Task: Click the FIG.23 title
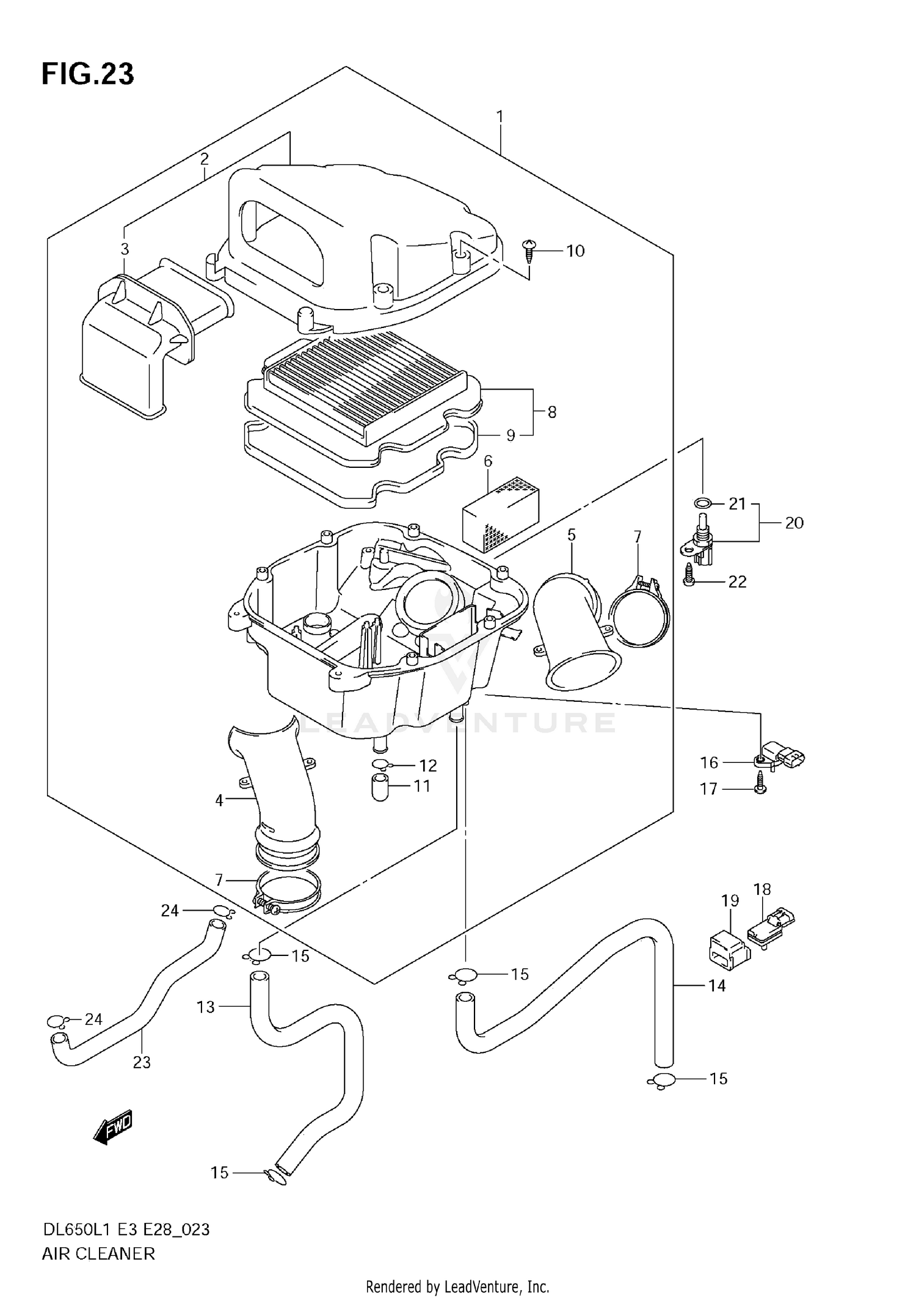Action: pyautogui.click(x=88, y=75)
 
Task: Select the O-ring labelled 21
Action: pyautogui.click(x=702, y=503)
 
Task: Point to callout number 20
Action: pyautogui.click(x=794, y=523)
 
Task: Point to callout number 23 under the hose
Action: pyautogui.click(x=142, y=1062)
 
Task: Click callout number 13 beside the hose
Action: pyautogui.click(x=206, y=1007)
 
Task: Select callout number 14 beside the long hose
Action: pyautogui.click(x=717, y=986)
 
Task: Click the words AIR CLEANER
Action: pyautogui.click(x=98, y=1253)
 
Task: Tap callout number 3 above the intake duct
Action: pyautogui.click(x=125, y=249)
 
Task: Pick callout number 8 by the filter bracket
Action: pyautogui.click(x=552, y=412)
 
